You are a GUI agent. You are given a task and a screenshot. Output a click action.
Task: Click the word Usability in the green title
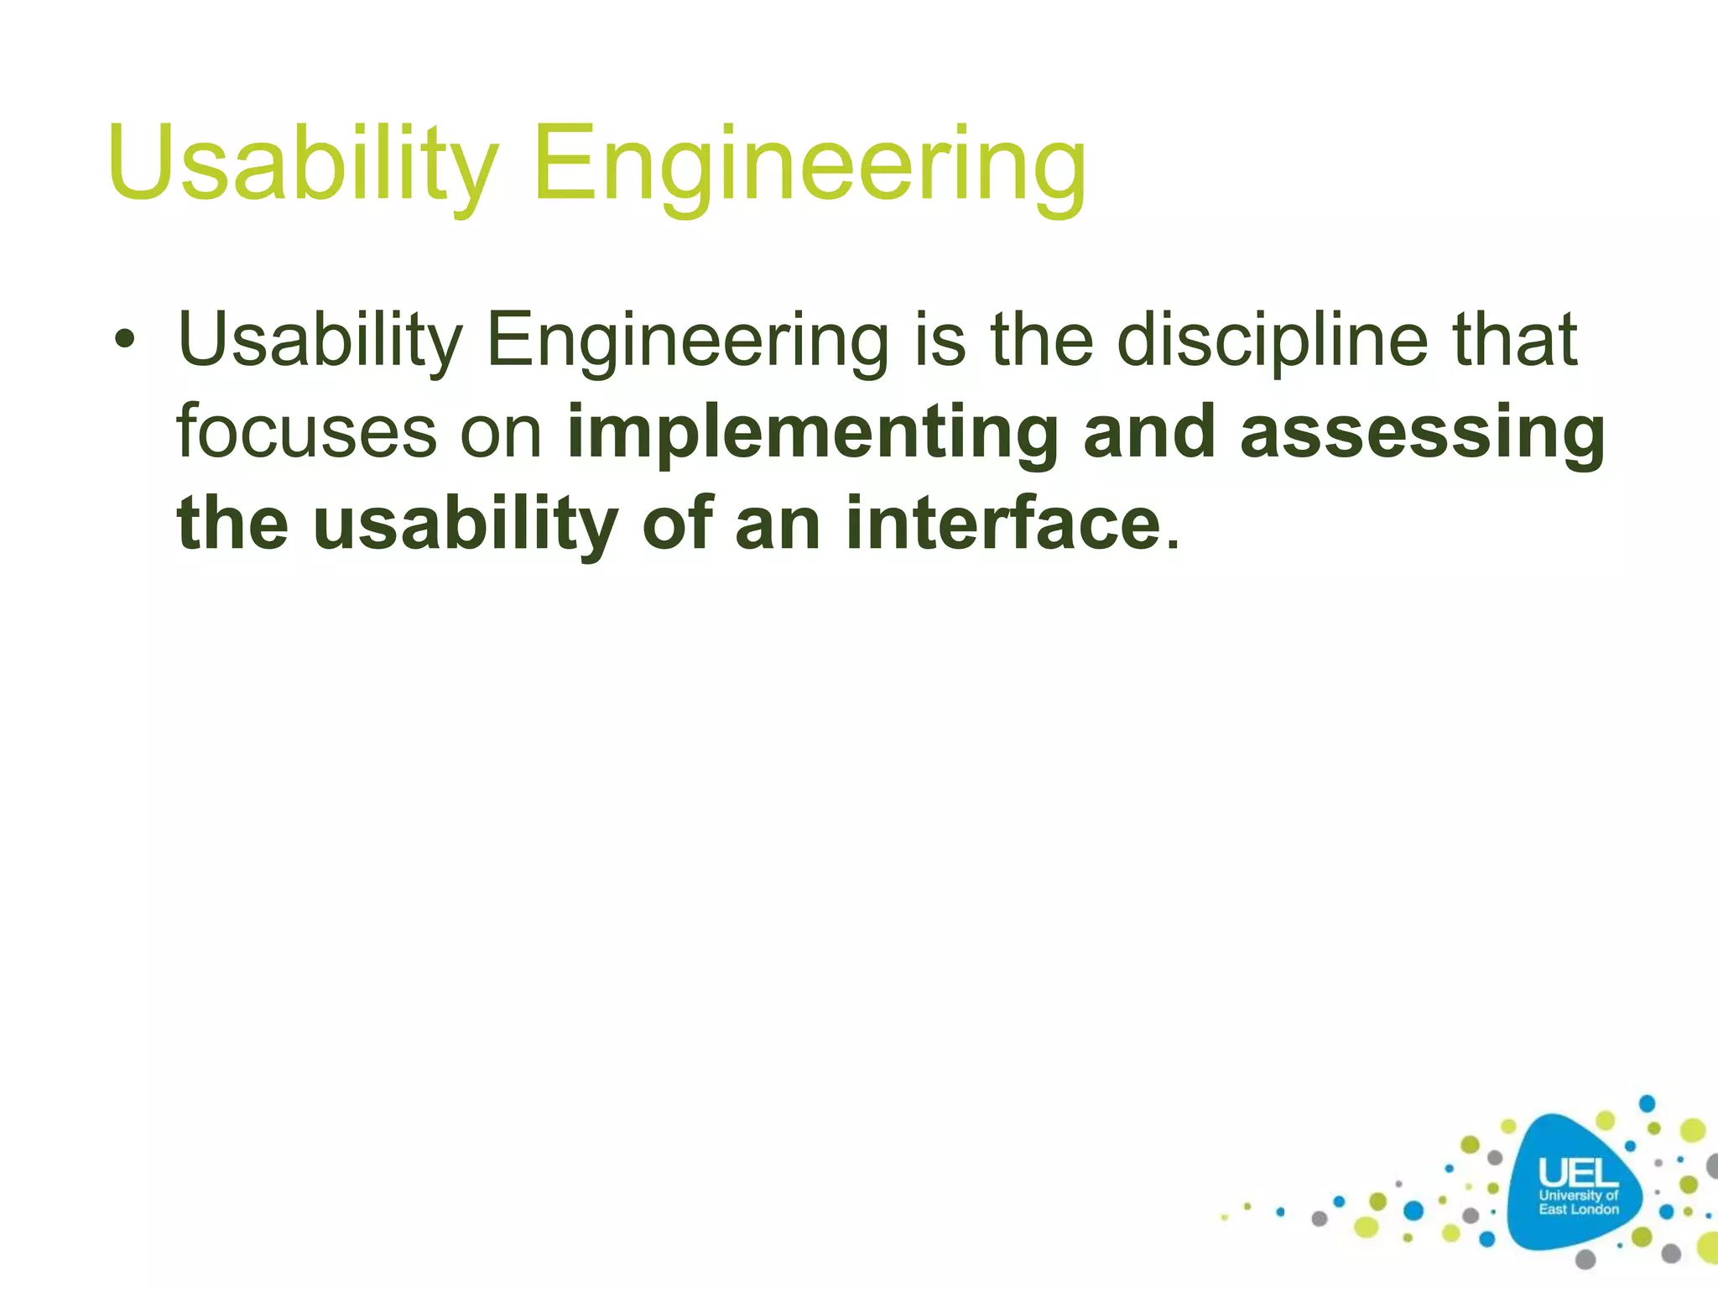pos(302,164)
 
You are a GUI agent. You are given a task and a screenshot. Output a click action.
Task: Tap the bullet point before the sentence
pos(125,342)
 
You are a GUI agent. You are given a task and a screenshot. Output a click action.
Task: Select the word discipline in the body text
pos(1272,340)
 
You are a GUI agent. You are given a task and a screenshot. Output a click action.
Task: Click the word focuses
pos(306,432)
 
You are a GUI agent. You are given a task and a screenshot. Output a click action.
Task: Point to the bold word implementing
pos(812,434)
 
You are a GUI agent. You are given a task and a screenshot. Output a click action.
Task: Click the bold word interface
pos(1003,524)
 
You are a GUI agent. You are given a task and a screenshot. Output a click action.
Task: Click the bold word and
pos(1149,432)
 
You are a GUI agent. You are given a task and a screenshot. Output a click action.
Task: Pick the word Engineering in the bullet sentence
pos(687,342)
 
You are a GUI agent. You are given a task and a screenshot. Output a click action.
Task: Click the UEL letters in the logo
pos(1578,1173)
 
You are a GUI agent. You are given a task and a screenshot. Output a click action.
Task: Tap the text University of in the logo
pos(1578,1195)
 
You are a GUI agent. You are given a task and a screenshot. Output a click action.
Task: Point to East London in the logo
pos(1578,1209)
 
